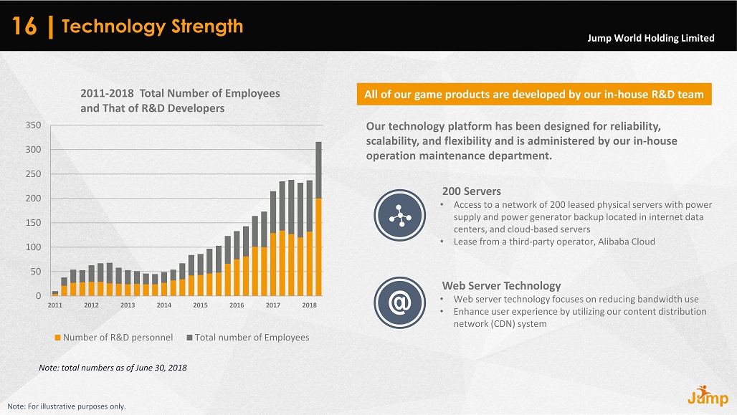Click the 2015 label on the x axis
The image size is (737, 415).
coord(200,305)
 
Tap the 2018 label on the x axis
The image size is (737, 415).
coord(310,305)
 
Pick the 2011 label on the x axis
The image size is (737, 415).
coord(55,305)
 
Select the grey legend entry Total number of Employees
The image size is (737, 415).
coord(247,338)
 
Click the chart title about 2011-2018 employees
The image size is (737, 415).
coord(180,100)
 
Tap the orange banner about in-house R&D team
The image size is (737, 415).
coord(533,94)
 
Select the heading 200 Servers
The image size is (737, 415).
coord(471,191)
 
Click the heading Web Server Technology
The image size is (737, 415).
coord(501,286)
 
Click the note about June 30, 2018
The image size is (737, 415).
coord(113,368)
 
